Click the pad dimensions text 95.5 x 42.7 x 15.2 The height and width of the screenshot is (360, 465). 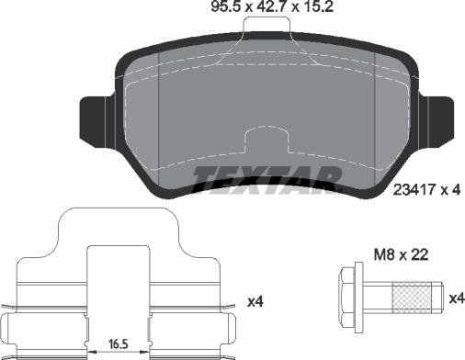pyautogui.click(x=272, y=6)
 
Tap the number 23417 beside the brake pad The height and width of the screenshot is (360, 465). pyautogui.click(x=414, y=190)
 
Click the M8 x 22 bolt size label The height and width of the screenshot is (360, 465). pyautogui.click(x=401, y=254)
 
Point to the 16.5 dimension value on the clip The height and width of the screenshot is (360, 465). pyautogui.click(x=119, y=344)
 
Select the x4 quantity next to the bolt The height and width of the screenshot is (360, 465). pyautogui.click(x=457, y=298)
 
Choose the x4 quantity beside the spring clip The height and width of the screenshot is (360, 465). pyautogui.click(x=255, y=302)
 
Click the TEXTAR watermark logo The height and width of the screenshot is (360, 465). pyautogui.click(x=266, y=181)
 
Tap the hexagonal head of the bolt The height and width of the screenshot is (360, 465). pyautogui.click(x=347, y=298)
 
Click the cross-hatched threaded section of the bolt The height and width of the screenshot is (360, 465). pyautogui.click(x=412, y=298)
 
